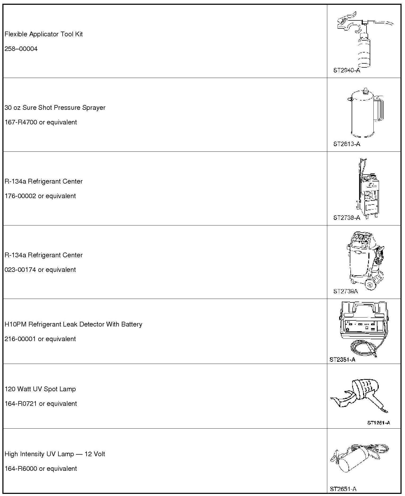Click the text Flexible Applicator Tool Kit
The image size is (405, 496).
(44, 34)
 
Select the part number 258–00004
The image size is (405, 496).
(21, 49)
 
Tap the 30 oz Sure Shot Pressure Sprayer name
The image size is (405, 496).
(55, 108)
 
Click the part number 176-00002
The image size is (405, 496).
(20, 196)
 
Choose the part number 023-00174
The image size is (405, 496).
(20, 270)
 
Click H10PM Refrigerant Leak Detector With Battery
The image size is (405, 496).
(73, 324)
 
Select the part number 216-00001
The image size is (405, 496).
(20, 339)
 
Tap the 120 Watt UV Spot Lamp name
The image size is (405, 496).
(40, 389)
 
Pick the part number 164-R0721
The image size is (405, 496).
(21, 404)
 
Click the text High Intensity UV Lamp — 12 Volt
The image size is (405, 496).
(55, 454)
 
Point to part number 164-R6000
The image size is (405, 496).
(21, 469)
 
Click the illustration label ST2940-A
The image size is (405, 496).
(347, 71)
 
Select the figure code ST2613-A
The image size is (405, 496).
(347, 144)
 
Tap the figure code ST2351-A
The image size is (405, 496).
(342, 360)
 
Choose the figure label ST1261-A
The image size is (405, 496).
(378, 423)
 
